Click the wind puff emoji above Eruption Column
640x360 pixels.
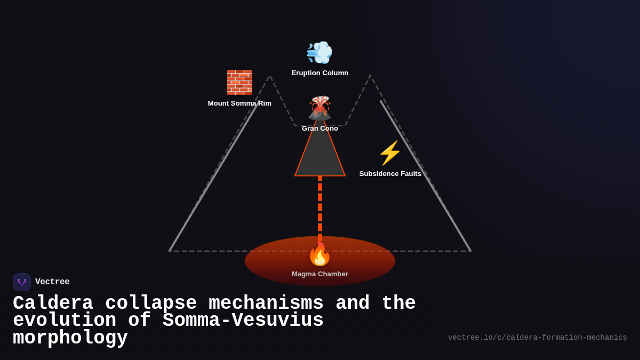coord(319,52)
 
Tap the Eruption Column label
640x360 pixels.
coord(319,73)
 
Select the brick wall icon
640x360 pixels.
coord(239,82)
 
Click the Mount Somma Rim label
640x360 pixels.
coord(239,103)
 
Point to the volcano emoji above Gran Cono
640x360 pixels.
coord(319,107)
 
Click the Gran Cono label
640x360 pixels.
coord(319,129)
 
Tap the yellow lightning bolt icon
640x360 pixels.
coord(390,153)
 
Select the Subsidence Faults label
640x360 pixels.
coord(390,174)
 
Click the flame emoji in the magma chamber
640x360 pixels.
coord(319,254)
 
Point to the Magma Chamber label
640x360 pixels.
coord(319,274)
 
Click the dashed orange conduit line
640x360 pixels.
coord(320,208)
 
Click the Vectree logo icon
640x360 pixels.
coord(22,282)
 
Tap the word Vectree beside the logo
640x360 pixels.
coord(52,282)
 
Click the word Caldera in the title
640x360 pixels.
coord(53,303)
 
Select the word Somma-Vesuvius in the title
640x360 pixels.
coord(243,321)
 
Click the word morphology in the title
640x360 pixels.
coord(70,338)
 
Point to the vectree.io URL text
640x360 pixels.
coord(537,338)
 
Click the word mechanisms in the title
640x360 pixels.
coord(266,303)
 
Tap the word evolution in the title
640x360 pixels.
coord(65,321)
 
